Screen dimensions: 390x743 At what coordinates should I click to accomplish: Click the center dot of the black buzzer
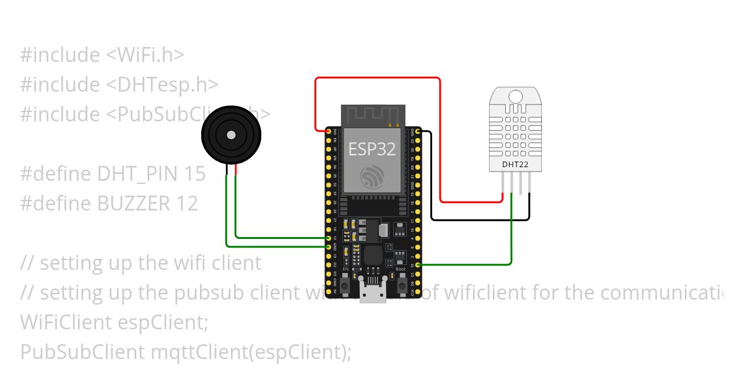[x=231, y=134]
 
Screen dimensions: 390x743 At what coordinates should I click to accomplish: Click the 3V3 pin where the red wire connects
[x=328, y=131]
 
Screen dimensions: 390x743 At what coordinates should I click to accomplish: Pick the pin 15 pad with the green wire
[x=419, y=264]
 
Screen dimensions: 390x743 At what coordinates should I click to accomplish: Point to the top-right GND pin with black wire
[x=419, y=131]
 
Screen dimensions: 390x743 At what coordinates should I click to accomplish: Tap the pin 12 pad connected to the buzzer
[x=328, y=238]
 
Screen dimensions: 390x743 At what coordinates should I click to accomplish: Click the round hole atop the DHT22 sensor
[x=515, y=96]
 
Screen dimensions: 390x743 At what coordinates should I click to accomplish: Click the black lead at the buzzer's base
[x=227, y=170]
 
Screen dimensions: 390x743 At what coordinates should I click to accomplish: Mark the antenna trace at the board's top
[x=372, y=115]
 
